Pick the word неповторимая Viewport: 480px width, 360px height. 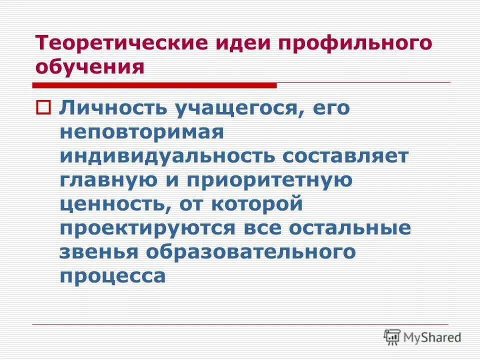141,132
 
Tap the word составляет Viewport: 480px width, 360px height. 346,156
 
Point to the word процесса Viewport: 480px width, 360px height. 112,275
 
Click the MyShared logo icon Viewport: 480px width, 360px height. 392,337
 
